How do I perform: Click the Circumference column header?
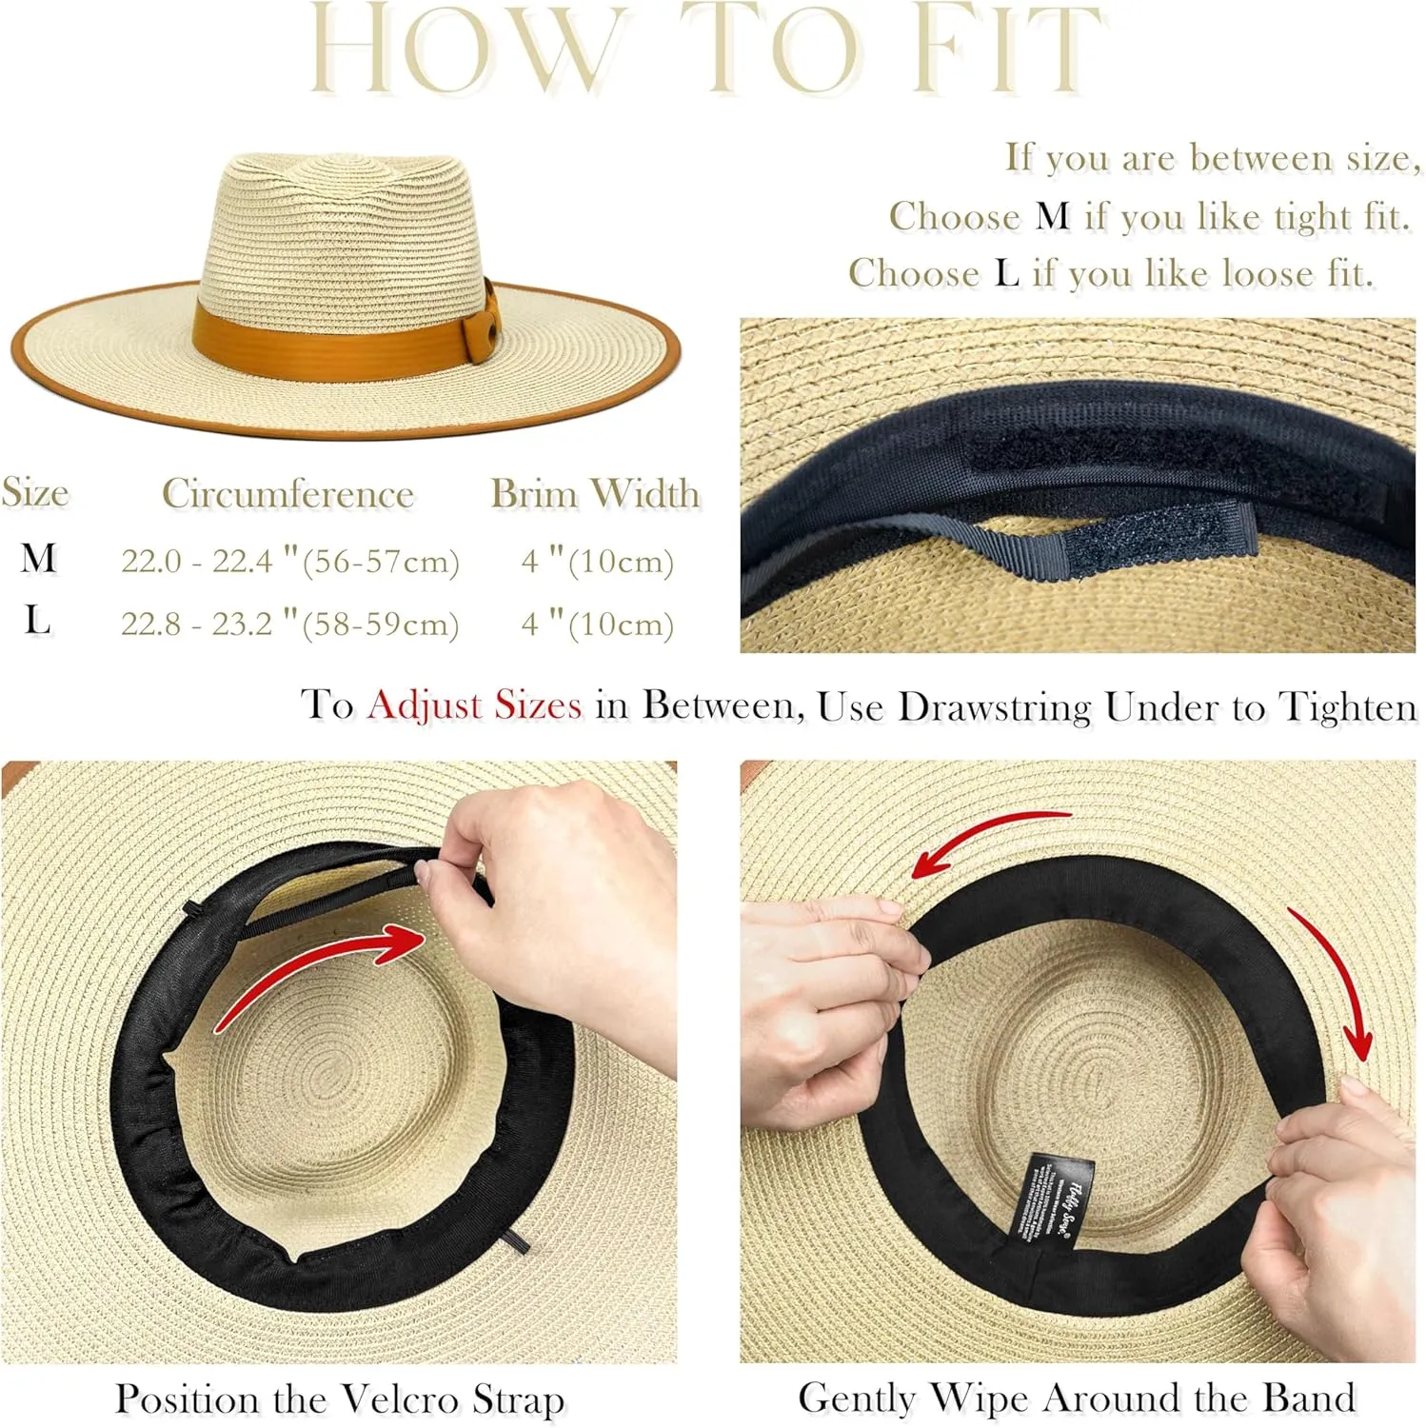[x=287, y=493]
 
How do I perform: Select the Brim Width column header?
[x=595, y=493]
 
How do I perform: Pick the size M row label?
[x=38, y=558]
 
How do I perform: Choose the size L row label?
[x=37, y=621]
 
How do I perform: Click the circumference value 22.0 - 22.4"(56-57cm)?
[x=289, y=561]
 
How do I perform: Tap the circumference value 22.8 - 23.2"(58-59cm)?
[x=289, y=624]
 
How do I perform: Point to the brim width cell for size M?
[x=597, y=561]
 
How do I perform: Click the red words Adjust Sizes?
[x=474, y=705]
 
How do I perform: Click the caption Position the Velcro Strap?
[x=340, y=1398]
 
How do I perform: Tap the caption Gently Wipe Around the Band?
[x=1077, y=1398]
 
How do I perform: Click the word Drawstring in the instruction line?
[x=994, y=706]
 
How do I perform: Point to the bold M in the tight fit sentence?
[x=1051, y=216]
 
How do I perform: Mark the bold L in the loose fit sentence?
[x=1006, y=273]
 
